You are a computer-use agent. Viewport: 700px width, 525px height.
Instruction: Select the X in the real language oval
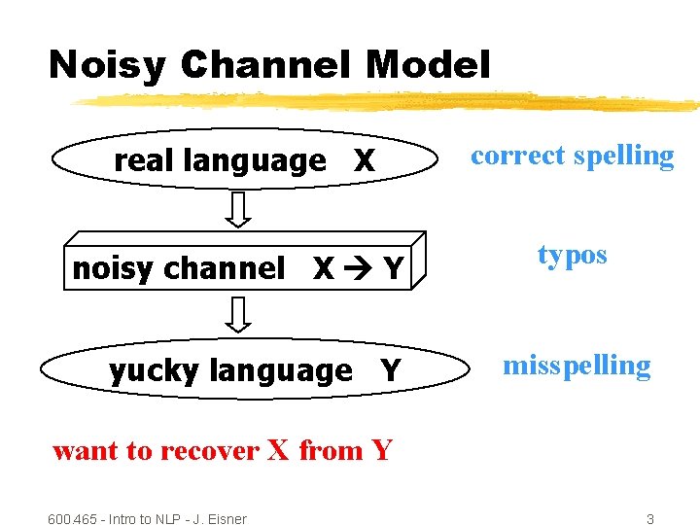tap(364, 161)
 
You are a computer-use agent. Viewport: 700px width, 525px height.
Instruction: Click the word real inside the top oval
tap(146, 160)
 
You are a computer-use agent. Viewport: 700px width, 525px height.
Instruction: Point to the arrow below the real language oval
tap(240, 208)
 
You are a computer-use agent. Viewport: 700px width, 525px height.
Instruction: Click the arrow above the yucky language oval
tap(240, 315)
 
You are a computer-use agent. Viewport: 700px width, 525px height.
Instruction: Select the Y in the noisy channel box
tap(393, 269)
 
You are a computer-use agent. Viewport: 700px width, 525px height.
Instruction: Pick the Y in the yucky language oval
tap(390, 370)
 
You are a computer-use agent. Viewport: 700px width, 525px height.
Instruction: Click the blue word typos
tap(572, 256)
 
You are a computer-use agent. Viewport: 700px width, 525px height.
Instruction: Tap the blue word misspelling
tap(577, 366)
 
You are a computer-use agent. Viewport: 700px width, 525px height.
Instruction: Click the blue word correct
tap(519, 156)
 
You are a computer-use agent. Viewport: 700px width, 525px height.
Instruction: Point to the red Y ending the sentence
tap(381, 450)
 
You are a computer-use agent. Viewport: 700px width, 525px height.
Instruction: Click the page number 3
tap(650, 518)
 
